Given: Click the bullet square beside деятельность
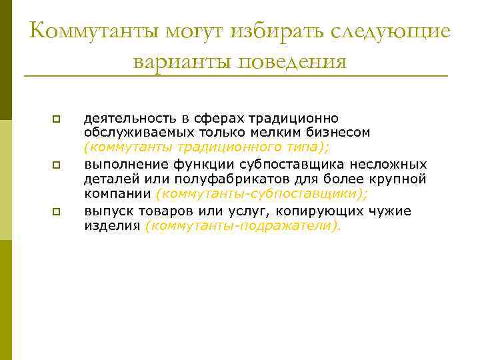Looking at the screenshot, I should [x=56, y=119].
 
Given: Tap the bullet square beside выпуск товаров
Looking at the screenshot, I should [x=56, y=211].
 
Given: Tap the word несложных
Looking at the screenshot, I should [x=390, y=164].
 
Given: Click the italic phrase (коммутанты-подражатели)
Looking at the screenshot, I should [x=242, y=226].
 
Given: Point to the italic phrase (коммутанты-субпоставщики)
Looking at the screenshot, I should [x=261, y=194].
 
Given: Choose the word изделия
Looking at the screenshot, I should [x=111, y=226].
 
